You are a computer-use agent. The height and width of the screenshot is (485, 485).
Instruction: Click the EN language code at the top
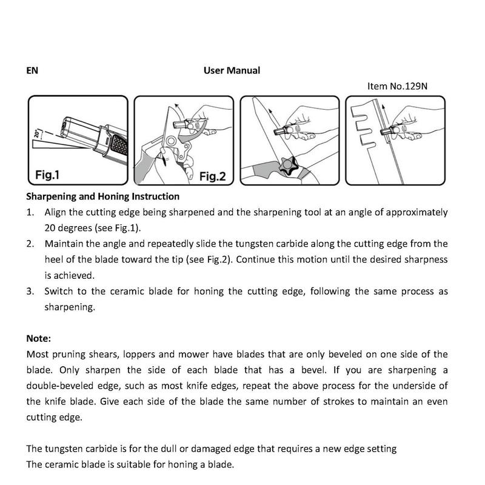coord(32,70)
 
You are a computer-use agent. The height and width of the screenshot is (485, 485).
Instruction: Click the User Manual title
coord(232,70)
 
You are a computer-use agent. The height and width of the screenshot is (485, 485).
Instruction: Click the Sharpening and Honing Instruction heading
coord(102,196)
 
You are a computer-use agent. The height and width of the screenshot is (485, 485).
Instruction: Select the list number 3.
coord(30,291)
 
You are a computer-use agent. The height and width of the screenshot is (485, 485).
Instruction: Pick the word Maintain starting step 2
coord(64,244)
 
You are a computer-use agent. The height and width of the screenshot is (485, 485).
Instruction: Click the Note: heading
coord(39,338)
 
